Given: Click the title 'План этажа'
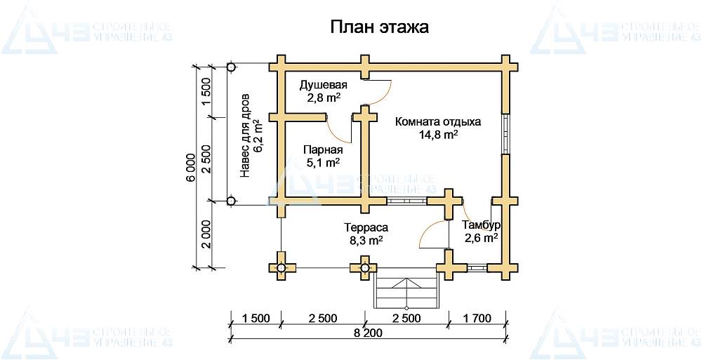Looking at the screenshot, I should click(379, 27).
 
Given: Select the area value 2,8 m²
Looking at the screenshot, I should click(324, 98).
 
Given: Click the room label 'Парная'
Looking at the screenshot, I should click(323, 149).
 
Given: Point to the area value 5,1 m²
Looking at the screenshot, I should click(323, 162).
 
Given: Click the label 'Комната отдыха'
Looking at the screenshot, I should click(438, 121).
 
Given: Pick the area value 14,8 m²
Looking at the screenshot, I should click(438, 135).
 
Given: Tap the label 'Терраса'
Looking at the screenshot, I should click(366, 227).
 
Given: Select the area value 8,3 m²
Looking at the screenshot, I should click(366, 241).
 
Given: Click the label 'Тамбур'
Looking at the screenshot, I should click(481, 225).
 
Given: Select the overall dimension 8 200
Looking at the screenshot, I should click(368, 333).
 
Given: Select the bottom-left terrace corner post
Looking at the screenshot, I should click(281, 267).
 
